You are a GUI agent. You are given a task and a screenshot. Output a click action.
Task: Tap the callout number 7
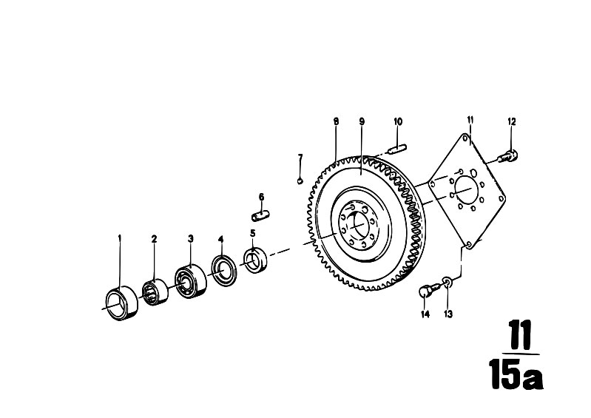(x=300, y=157)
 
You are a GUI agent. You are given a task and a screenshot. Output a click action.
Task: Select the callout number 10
(x=398, y=121)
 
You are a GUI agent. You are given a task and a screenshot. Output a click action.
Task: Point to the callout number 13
(x=448, y=314)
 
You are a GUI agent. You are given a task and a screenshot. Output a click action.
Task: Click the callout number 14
(x=425, y=314)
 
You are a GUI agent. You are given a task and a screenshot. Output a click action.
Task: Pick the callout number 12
(x=511, y=121)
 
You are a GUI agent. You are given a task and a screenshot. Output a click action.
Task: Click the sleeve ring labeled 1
(x=121, y=303)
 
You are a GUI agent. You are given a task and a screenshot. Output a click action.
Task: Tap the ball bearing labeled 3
(x=191, y=281)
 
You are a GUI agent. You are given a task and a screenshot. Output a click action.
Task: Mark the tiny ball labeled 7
(x=300, y=181)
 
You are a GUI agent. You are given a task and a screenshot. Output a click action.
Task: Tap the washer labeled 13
(x=447, y=282)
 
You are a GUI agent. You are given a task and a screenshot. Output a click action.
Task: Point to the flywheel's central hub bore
(x=357, y=226)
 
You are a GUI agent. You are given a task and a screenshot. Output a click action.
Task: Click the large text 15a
(x=516, y=374)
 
